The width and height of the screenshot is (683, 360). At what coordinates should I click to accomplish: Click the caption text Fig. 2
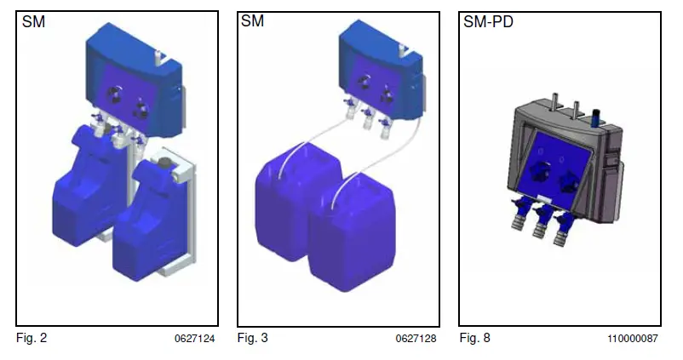32,339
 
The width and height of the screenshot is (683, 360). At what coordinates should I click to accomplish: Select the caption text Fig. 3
253,339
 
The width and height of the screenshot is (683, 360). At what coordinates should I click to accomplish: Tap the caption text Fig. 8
474,339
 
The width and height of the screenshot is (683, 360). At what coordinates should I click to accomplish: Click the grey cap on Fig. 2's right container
164,160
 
